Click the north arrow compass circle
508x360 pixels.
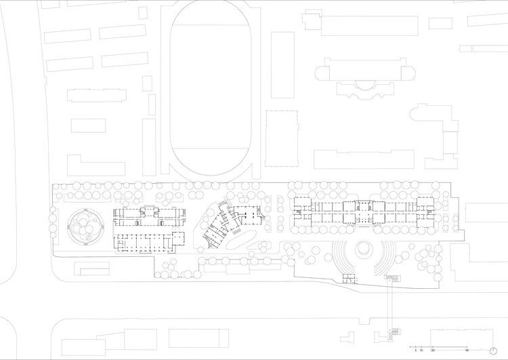(492, 350)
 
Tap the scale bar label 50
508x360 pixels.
(467, 351)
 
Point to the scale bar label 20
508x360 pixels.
(433, 351)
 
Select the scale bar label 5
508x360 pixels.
(415, 351)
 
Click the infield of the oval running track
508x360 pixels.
(210, 88)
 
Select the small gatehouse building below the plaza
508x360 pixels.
(348, 278)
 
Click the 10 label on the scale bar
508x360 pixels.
(421, 351)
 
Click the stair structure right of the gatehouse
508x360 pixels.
(394, 279)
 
